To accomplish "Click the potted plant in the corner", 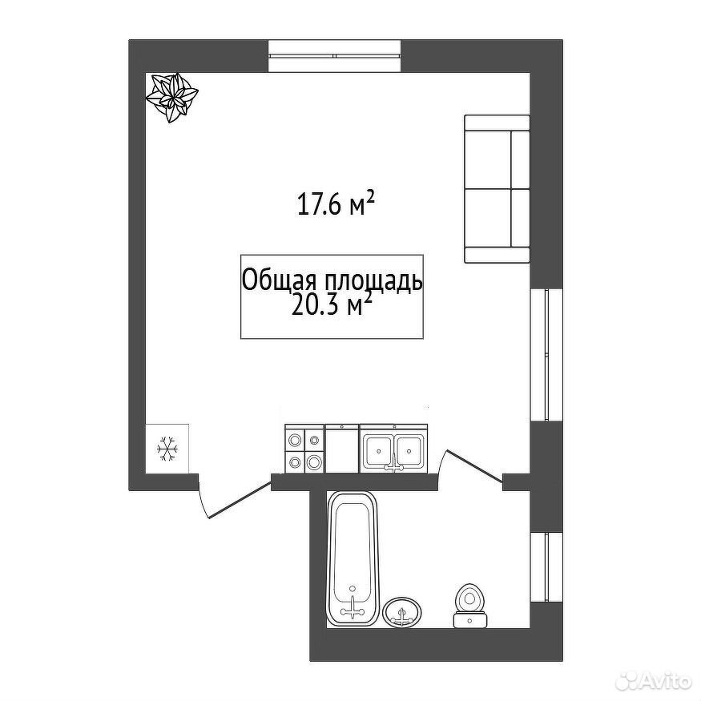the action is pyautogui.click(x=172, y=97).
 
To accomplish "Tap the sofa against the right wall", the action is pyautogui.click(x=497, y=188).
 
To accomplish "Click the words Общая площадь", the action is pyautogui.click(x=332, y=281).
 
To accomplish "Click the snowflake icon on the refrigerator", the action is pyautogui.click(x=167, y=449).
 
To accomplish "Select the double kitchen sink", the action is pyautogui.click(x=394, y=449).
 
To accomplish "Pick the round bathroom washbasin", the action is pyautogui.click(x=403, y=610).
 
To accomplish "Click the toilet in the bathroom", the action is pyautogui.click(x=469, y=606).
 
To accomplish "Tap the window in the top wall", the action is pyautogui.click(x=334, y=55).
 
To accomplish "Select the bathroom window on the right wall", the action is pyautogui.click(x=546, y=567).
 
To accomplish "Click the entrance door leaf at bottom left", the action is pyautogui.click(x=240, y=500).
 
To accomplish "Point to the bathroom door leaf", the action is pyautogui.click(x=475, y=467).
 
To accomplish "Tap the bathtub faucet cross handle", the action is pyautogui.click(x=353, y=610).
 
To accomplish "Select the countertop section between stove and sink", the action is pyautogui.click(x=342, y=449).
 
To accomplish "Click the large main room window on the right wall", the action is pyautogui.click(x=546, y=355).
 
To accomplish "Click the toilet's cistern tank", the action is pyautogui.click(x=469, y=621).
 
